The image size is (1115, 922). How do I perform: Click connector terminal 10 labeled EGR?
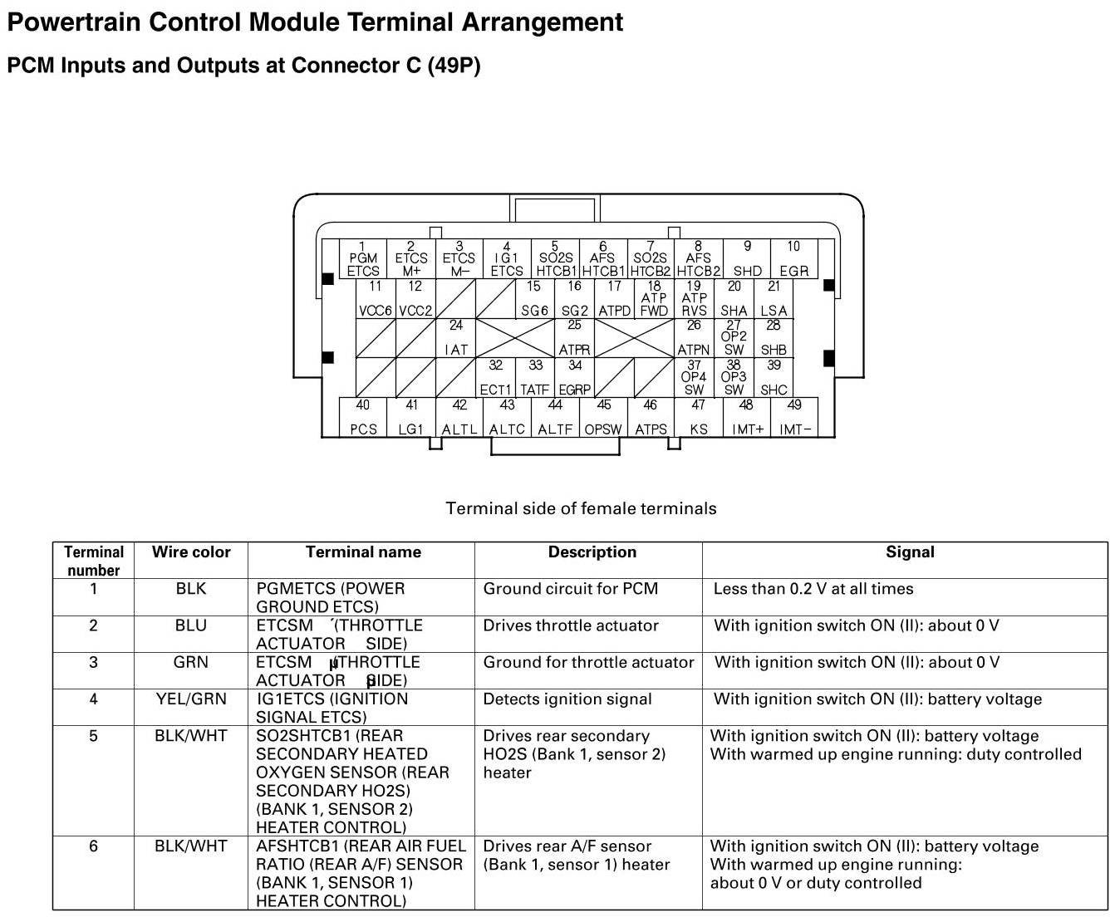point(793,259)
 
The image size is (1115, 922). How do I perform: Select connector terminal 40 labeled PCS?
point(363,418)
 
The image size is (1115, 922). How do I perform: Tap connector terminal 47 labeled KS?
point(699,418)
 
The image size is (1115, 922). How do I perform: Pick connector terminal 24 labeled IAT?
point(456,338)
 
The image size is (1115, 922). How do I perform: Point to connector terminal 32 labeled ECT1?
point(495,378)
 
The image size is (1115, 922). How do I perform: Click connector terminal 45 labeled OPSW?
point(603,418)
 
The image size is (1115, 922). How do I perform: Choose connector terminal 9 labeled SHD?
point(747,259)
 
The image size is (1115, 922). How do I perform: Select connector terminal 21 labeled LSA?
point(774,299)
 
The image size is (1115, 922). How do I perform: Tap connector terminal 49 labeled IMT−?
point(794,418)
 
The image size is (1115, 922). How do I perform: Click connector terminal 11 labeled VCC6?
point(376,299)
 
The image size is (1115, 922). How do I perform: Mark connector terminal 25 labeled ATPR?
point(574,338)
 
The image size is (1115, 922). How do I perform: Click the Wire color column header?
point(191,552)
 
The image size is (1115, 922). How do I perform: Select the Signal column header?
point(910,552)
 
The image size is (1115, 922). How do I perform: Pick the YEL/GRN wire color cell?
point(191,699)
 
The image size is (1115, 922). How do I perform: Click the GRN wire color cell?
point(191,663)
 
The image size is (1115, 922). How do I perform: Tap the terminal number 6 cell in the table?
point(93,846)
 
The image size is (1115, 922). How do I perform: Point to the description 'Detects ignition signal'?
point(567,699)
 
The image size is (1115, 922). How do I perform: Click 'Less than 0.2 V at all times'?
point(813,589)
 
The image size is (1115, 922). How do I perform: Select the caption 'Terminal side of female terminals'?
point(581,508)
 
